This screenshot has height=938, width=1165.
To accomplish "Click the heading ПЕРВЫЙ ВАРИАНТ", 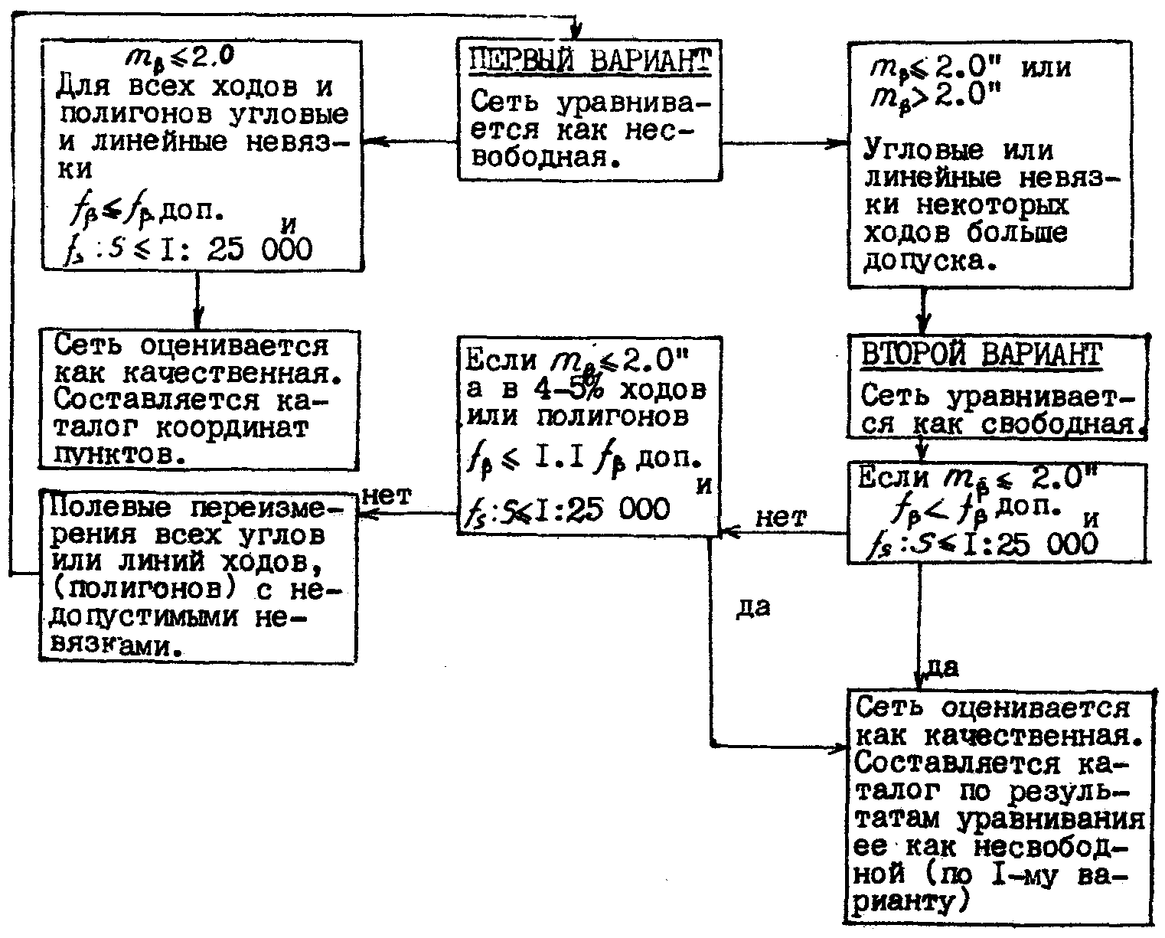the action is point(589,60).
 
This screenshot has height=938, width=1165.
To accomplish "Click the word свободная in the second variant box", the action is point(1058,425).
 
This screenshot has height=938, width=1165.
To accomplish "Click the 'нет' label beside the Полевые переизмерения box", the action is point(386,495).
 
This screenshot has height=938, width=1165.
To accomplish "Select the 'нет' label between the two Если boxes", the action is point(781,518).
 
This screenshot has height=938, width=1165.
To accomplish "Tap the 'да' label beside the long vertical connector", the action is point(753,608).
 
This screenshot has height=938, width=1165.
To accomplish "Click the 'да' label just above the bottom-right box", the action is point(942,668).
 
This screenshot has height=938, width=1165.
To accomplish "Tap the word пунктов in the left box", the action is point(119,455).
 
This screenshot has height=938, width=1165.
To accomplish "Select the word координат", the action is point(232,428).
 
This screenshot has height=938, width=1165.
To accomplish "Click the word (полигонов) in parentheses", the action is point(143,590).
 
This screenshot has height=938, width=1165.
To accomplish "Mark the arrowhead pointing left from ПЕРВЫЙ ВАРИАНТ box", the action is point(374,142).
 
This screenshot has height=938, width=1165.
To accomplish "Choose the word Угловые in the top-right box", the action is point(922,149).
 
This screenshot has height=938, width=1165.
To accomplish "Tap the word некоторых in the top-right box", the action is point(993,205).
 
